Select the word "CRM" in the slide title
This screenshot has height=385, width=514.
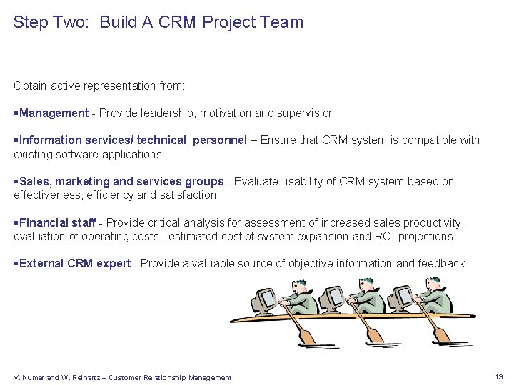[176, 22]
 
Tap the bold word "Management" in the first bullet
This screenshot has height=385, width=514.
[54, 113]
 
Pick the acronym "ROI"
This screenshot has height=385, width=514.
[379, 236]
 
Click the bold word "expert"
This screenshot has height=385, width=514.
[114, 263]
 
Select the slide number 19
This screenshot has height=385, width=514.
[498, 376]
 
